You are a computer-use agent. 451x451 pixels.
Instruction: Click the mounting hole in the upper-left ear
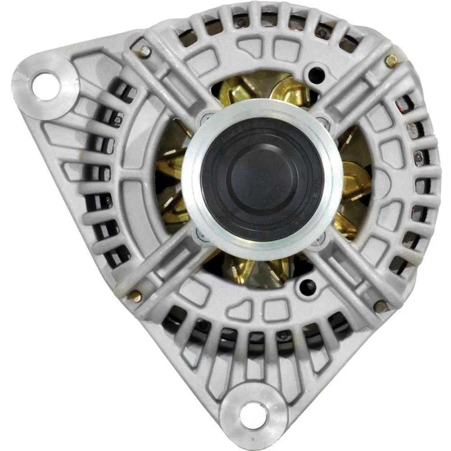point(45,85)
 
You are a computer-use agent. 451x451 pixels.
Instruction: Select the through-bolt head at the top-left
point(144,52)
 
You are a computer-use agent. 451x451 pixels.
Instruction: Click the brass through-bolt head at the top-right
point(390,61)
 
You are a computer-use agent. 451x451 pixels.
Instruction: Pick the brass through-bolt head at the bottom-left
point(135,296)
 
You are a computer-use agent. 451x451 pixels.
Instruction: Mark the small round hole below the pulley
point(308,285)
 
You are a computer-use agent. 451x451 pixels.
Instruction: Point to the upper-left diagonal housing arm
point(164,80)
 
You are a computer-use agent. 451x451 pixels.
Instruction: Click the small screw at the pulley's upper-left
point(205,116)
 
